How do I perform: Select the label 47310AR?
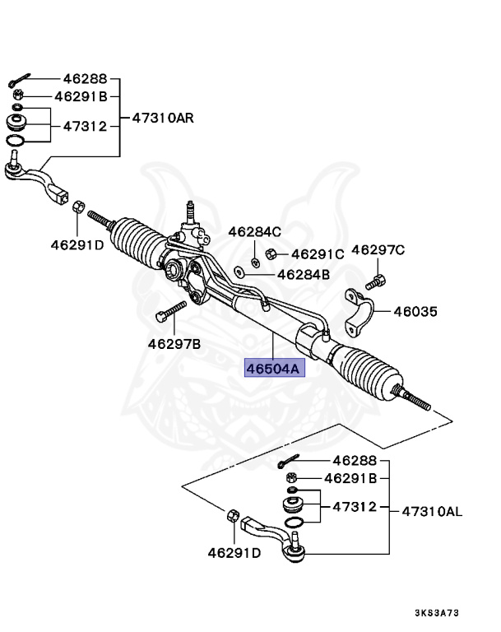pos(162,117)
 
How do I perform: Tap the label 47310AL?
pos(432,511)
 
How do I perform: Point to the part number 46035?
pos(415,312)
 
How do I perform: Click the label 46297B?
pos(174,342)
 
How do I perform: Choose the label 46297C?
pos(379,249)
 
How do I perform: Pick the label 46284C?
pos(254,231)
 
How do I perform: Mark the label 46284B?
pos(304,274)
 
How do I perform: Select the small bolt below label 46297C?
pos(375,281)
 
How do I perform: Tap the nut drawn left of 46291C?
pos(271,254)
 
